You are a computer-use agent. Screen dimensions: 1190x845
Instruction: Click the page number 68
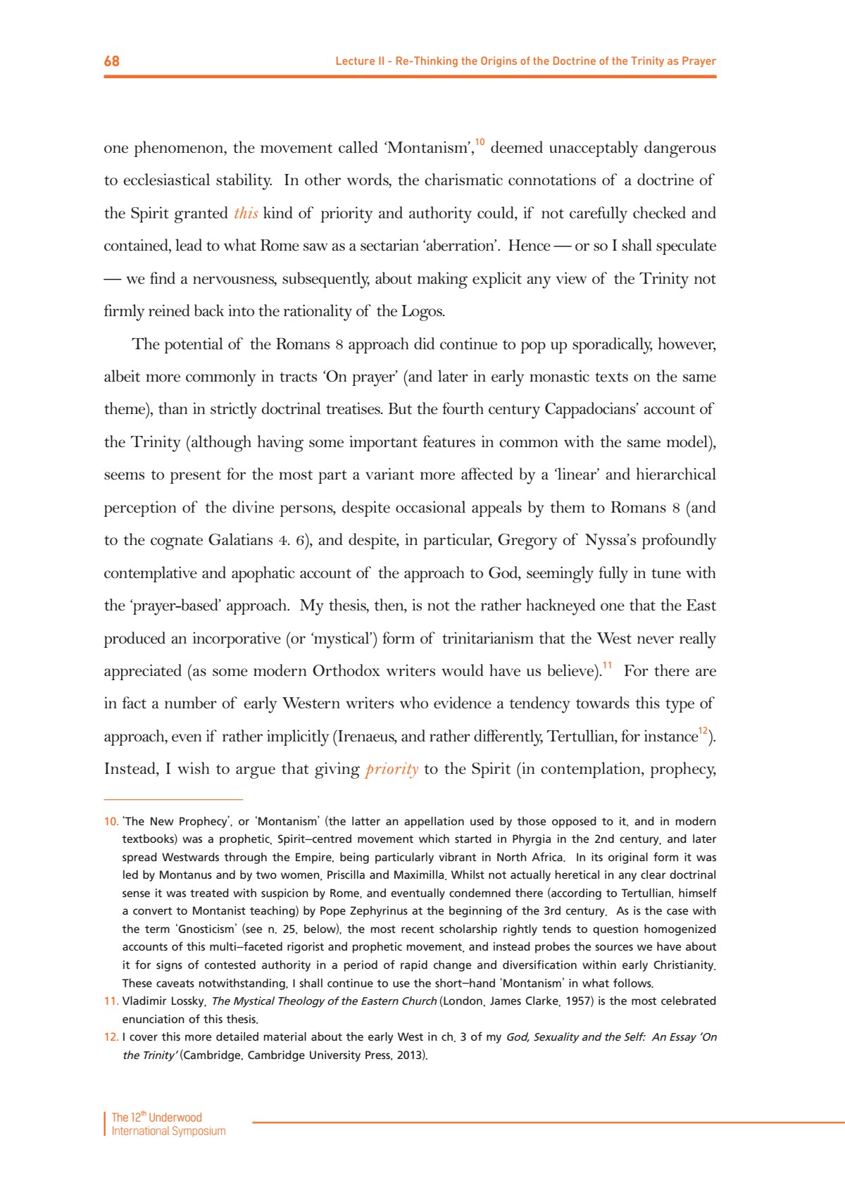pos(112,61)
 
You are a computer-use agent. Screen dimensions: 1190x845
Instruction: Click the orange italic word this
pos(246,213)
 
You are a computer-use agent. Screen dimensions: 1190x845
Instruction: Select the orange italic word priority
pos(392,769)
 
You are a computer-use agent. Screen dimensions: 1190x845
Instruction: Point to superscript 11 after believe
pos(607,665)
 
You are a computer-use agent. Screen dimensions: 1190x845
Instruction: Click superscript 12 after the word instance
pos(703,730)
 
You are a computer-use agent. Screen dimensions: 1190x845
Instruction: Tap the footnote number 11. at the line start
pos(111,1001)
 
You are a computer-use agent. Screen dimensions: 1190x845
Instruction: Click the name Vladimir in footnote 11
pos(144,1001)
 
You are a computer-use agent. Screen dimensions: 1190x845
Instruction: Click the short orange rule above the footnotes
pos(173,800)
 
